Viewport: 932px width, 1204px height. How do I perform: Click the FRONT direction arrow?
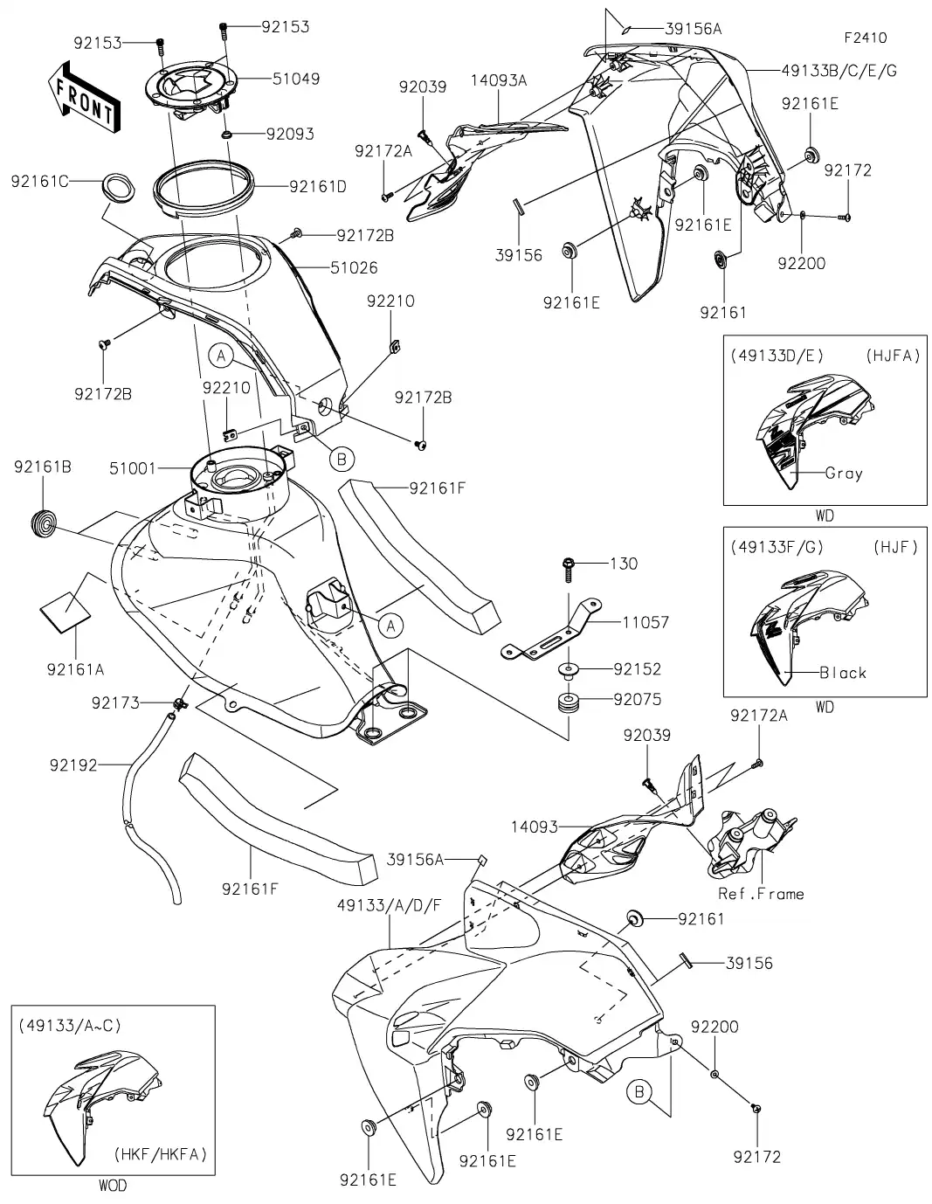coord(83,97)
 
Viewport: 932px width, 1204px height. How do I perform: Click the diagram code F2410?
coord(865,38)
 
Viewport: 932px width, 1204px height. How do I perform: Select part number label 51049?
coord(295,79)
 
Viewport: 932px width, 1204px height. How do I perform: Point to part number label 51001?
coord(133,468)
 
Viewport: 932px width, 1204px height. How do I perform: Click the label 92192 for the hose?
coord(72,765)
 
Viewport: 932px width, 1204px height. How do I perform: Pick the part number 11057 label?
coord(645,622)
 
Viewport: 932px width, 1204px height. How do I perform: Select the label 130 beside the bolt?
coord(623,564)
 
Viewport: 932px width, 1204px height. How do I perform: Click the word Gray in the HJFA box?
coord(843,474)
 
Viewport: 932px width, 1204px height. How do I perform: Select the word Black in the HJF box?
coord(843,673)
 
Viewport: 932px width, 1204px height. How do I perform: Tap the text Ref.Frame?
coord(760,894)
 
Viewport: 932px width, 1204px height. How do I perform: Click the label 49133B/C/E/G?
coord(827,70)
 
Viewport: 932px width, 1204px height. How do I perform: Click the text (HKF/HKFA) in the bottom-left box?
coord(160,1154)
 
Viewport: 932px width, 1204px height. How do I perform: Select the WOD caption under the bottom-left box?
coord(113,1186)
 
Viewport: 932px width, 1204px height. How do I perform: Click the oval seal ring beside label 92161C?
coord(116,185)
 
